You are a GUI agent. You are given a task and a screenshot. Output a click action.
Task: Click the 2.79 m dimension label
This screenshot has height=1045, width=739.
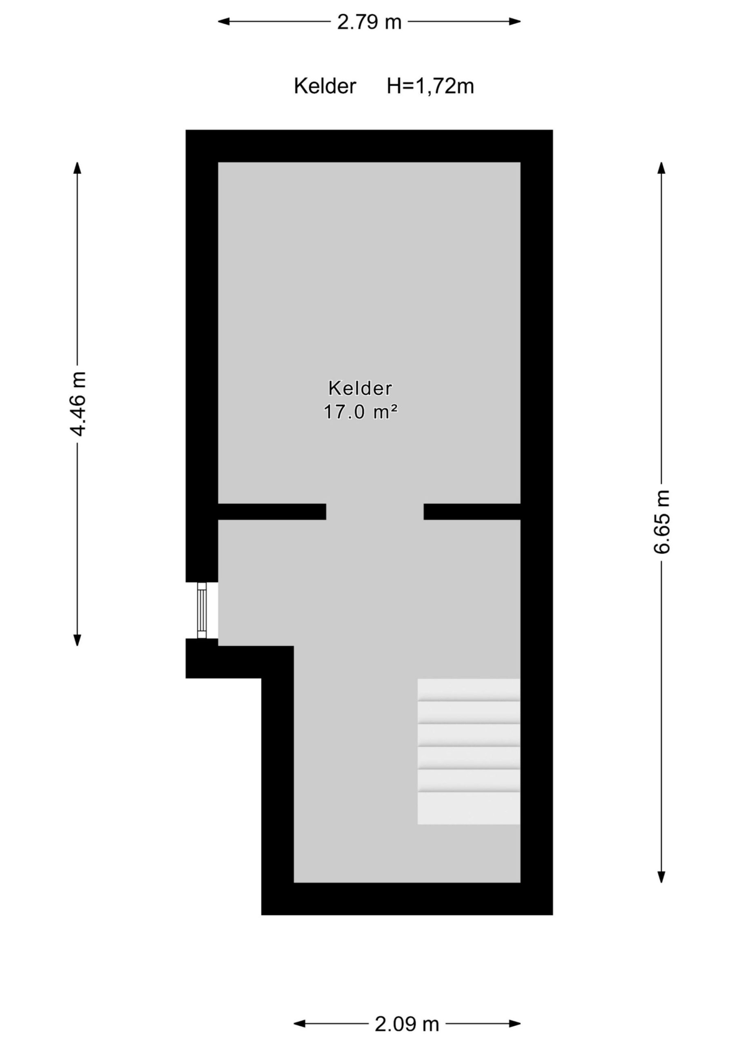point(369,21)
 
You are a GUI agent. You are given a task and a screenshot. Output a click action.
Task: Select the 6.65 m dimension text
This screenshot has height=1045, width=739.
point(661,522)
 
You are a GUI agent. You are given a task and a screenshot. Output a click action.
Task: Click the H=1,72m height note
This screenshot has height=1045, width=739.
point(430,86)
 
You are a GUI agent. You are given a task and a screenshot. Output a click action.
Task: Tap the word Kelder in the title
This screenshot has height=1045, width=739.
point(325,86)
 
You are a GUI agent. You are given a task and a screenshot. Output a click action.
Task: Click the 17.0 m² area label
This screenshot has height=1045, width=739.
point(361,412)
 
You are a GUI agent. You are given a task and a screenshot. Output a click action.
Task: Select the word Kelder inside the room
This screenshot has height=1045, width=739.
point(360,389)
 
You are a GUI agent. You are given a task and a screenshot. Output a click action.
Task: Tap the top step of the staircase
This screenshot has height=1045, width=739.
point(469,689)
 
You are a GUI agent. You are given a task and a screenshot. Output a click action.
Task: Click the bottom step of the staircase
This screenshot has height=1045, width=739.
point(469,808)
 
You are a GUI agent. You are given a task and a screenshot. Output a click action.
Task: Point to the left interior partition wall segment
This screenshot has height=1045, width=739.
point(272,511)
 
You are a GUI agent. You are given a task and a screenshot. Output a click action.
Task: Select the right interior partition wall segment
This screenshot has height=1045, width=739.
point(472,511)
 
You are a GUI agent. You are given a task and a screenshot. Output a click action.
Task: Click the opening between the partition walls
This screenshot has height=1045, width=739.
point(375,511)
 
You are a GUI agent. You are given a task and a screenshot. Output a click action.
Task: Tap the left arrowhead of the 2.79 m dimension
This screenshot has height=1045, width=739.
point(223,21)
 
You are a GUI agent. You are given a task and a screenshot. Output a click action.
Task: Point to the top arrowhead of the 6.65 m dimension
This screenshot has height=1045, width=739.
point(661,167)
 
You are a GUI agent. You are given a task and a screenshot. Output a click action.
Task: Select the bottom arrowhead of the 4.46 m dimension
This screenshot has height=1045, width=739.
point(78,640)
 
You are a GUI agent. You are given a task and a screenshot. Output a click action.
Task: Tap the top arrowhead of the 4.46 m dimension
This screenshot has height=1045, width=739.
point(78,167)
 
